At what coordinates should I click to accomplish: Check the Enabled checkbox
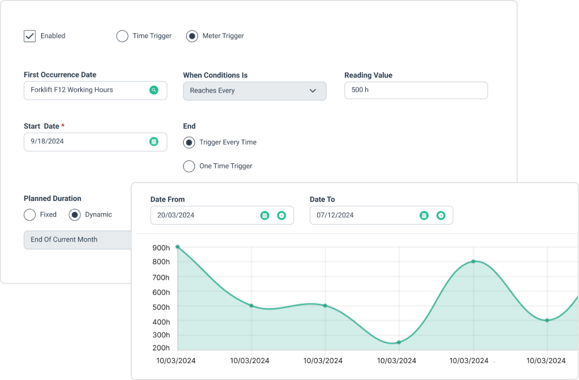[x=29, y=36]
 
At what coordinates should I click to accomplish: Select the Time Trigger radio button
[x=122, y=36]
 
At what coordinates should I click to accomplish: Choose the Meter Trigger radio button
[x=192, y=36]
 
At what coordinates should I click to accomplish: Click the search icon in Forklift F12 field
[x=154, y=90]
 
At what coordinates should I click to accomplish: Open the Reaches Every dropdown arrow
[x=313, y=90]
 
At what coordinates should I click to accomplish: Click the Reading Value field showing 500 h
[x=416, y=90]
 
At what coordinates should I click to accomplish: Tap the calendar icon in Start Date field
[x=154, y=141]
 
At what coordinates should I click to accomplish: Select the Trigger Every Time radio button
[x=189, y=142]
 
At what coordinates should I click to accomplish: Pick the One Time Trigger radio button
[x=189, y=166]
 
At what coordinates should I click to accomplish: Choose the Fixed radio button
[x=30, y=215]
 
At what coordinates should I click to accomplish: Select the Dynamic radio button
[x=75, y=215]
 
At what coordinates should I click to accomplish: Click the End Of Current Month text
[x=64, y=240]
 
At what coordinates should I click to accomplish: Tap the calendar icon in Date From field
[x=265, y=215]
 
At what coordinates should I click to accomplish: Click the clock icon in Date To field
[x=441, y=215]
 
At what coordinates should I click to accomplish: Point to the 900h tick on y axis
[x=161, y=248]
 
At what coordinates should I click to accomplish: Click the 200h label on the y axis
[x=161, y=348]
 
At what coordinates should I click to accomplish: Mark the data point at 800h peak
[x=473, y=261]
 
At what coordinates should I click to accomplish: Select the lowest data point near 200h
[x=399, y=342]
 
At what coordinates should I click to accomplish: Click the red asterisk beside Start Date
[x=63, y=126]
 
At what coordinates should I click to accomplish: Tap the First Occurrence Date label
[x=60, y=75]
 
